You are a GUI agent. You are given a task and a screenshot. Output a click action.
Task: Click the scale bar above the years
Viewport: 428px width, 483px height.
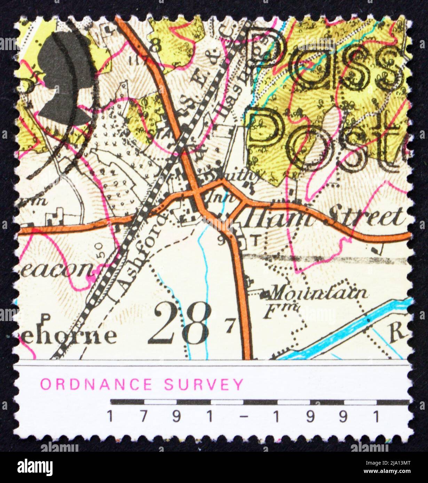pyautogui.click(x=259, y=402)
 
